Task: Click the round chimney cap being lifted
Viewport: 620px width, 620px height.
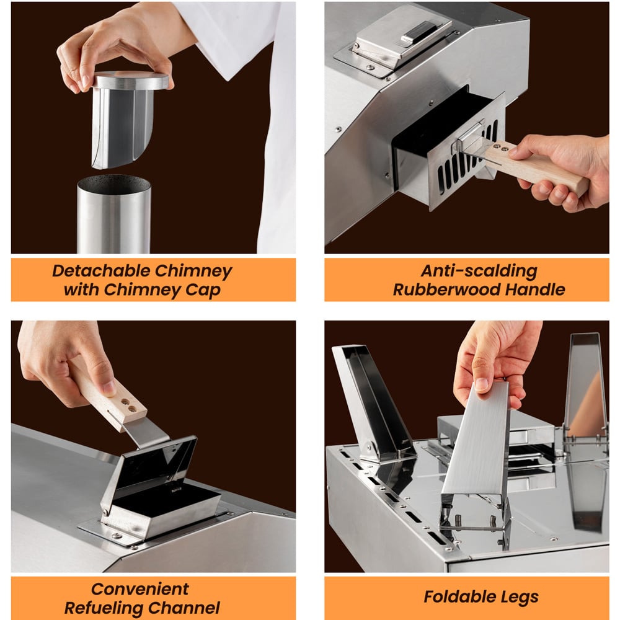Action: [x=131, y=80]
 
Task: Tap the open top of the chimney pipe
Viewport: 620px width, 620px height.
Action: [x=114, y=184]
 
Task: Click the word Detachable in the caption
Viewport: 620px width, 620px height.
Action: [x=101, y=271]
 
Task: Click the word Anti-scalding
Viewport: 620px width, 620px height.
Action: [x=479, y=271]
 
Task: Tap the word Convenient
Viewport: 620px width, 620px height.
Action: [x=140, y=589]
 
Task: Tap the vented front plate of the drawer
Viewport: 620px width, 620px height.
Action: [x=467, y=166]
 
